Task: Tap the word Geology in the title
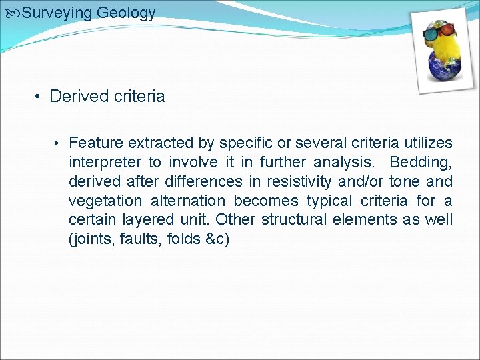coord(126,13)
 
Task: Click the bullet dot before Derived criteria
coord(39,97)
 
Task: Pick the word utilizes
coord(427,143)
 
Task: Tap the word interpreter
coord(105,162)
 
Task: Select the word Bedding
coord(421,162)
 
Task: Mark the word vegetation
coord(105,201)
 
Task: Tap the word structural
coord(287,220)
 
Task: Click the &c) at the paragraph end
coord(219,239)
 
